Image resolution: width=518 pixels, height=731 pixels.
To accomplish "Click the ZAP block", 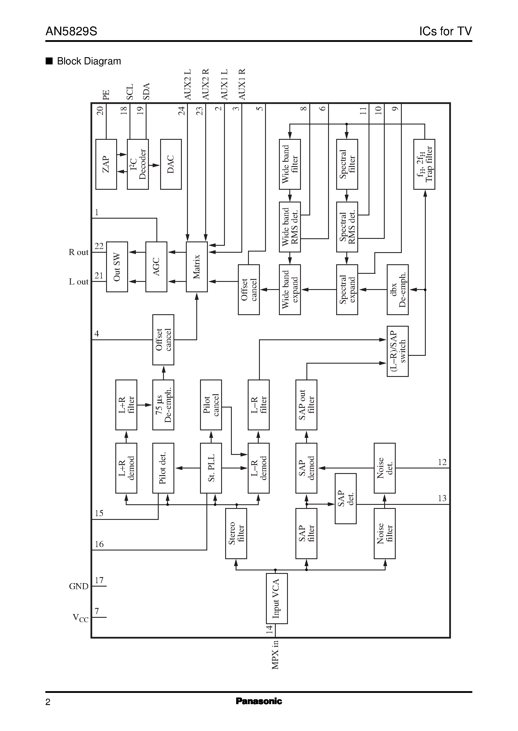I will pyautogui.click(x=106, y=164).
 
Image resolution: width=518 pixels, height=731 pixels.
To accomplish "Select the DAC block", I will pyautogui.click(x=171, y=164).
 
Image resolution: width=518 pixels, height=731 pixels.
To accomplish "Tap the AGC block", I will pyautogui.click(x=156, y=267).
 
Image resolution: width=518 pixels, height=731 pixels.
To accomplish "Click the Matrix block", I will pyautogui.click(x=197, y=267).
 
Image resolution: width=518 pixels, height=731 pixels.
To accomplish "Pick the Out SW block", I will pyautogui.click(x=117, y=267).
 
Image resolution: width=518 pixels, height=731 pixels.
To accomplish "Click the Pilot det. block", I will pyautogui.click(x=163, y=468).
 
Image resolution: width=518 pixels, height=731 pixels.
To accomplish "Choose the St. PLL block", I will pyautogui.click(x=211, y=468).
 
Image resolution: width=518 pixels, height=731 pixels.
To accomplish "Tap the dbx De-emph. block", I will pyautogui.click(x=397, y=290).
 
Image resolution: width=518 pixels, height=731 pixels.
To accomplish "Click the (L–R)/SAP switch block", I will pyautogui.click(x=397, y=351).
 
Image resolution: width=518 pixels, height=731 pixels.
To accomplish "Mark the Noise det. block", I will pyautogui.click(x=384, y=468).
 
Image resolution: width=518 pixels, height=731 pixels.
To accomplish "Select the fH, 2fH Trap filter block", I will pyautogui.click(x=424, y=164).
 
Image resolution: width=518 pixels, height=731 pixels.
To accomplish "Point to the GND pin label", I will pyautogui.click(x=78, y=586).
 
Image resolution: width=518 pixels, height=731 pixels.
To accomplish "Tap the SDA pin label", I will pyautogui.click(x=146, y=92).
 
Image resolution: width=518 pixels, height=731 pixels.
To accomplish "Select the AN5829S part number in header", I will pyautogui.click(x=71, y=31).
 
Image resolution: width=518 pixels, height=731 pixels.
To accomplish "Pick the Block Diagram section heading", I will pyautogui.click(x=89, y=61).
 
